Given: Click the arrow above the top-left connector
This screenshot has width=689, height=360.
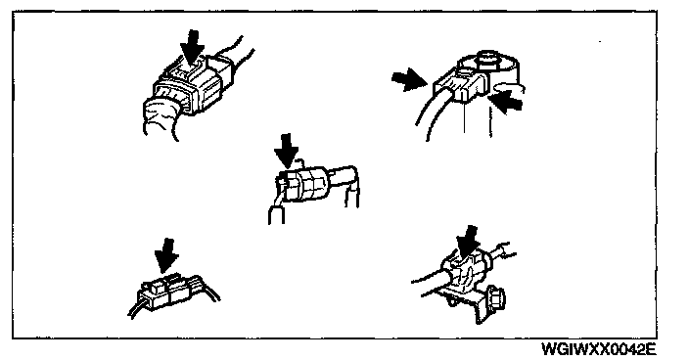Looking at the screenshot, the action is [x=193, y=48].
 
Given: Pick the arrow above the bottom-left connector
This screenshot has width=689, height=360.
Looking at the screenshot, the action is [x=166, y=255].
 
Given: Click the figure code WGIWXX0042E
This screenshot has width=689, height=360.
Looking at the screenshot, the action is [x=599, y=350].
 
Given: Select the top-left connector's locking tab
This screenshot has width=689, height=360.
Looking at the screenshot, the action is [x=188, y=70].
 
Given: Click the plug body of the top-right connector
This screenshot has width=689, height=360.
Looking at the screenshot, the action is [x=461, y=85].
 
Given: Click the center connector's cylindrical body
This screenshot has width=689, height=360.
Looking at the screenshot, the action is [x=302, y=185].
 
